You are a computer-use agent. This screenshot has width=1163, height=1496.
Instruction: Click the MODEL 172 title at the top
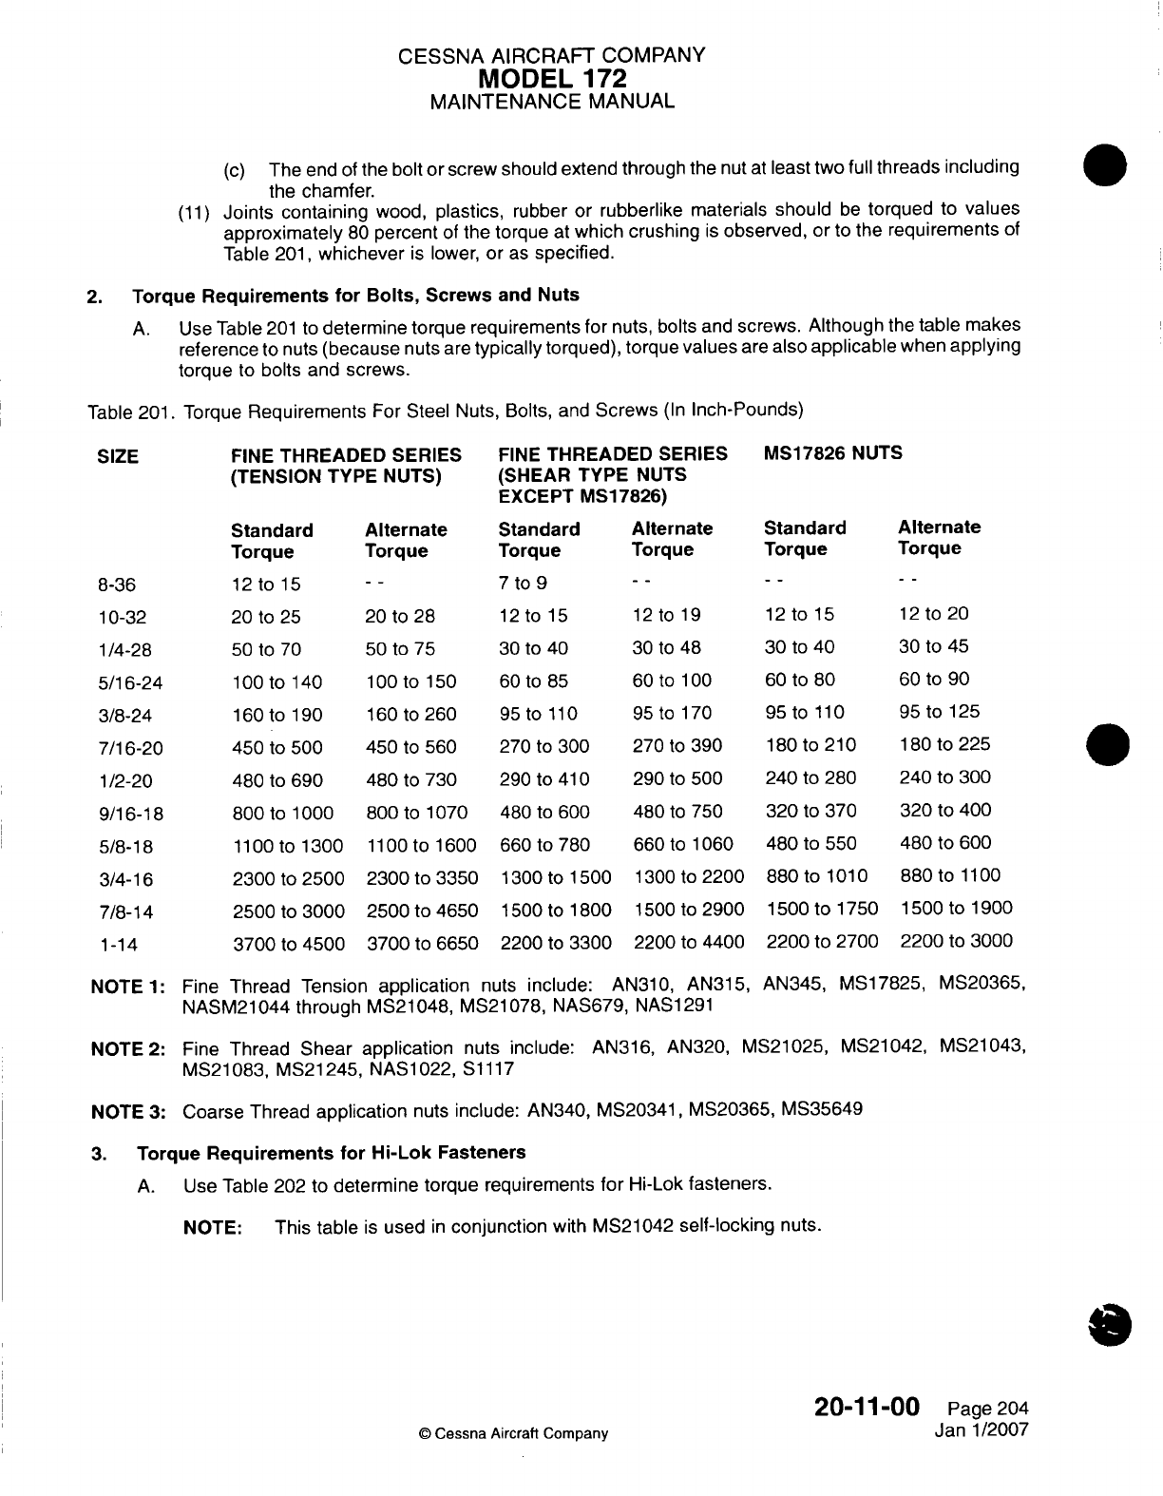[553, 77]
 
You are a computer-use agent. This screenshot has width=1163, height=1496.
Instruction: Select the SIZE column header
[118, 457]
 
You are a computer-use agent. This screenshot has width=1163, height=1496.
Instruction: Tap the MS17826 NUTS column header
[832, 453]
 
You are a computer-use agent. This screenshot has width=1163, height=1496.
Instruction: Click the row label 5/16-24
[131, 682]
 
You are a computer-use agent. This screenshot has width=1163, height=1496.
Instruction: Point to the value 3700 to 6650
[422, 944]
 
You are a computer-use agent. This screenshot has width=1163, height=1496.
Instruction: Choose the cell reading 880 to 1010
[816, 876]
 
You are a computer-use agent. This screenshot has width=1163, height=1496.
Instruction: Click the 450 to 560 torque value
[410, 748]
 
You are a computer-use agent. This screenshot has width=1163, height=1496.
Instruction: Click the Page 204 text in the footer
[988, 1409]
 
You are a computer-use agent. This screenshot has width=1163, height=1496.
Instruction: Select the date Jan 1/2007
[982, 1429]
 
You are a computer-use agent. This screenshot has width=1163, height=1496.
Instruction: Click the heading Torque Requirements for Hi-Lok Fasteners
[331, 1153]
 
